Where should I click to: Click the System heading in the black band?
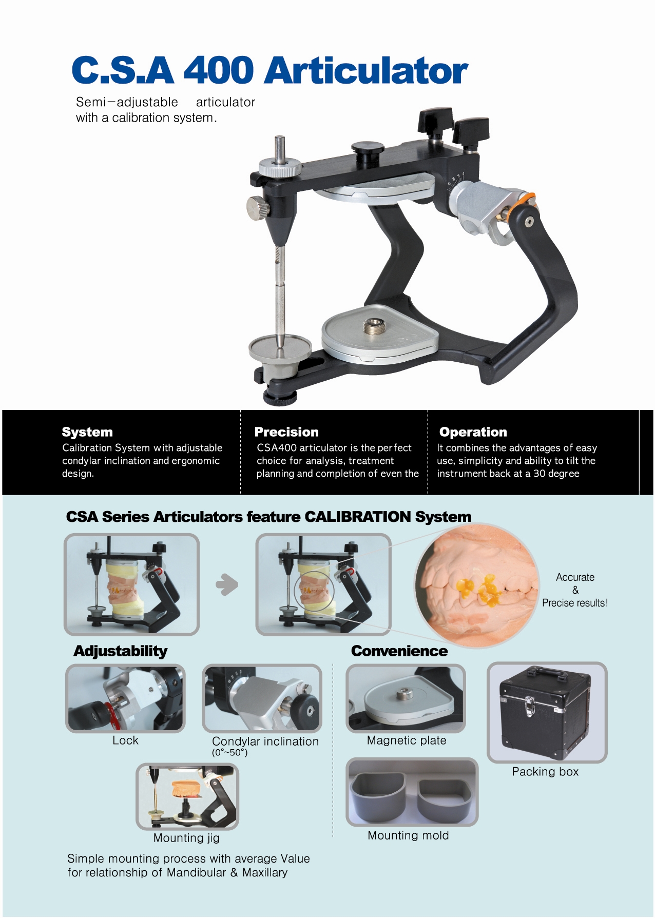[87, 432]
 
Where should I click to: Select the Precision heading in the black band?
[286, 432]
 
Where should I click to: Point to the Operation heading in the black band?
[473, 432]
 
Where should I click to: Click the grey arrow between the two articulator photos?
[227, 584]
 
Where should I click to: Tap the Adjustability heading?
[121, 651]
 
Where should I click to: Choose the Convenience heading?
[399, 651]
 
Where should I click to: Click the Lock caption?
[125, 740]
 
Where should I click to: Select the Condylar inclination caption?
[265, 741]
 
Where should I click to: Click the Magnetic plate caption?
[407, 740]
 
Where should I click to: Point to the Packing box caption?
[545, 772]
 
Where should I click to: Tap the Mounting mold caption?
[408, 835]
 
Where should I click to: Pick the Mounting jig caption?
[186, 838]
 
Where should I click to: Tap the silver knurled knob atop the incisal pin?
[279, 168]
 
